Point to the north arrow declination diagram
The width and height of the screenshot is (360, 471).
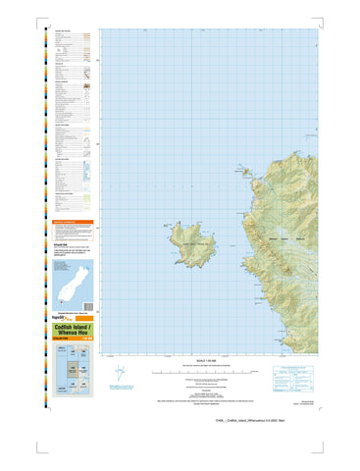click(119, 374)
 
